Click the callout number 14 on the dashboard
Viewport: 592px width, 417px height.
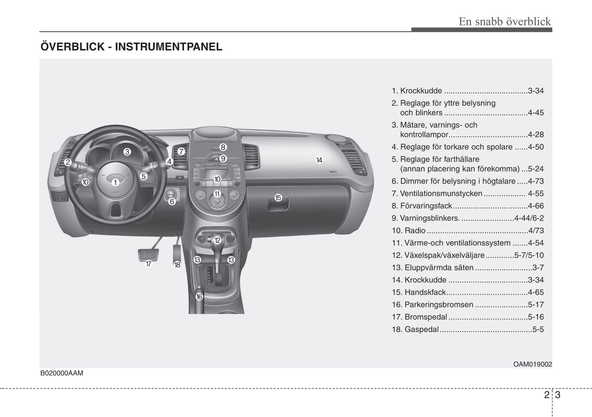[319, 160]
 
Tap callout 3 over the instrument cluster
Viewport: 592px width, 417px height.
[127, 152]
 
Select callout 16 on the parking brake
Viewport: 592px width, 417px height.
[199, 297]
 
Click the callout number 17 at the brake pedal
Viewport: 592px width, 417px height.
[149, 264]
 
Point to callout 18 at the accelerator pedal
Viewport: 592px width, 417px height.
[177, 265]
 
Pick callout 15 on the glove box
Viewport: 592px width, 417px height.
[278, 198]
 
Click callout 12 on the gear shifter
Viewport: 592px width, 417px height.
[217, 240]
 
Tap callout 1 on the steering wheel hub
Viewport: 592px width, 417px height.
[115, 183]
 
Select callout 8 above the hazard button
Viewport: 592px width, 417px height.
[223, 147]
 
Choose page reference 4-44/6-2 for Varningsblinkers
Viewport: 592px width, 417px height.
[529, 218]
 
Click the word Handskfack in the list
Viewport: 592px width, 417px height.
[425, 293]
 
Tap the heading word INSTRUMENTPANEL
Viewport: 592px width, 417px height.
[169, 47]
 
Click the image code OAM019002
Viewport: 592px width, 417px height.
[533, 364]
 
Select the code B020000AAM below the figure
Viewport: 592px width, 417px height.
[61, 373]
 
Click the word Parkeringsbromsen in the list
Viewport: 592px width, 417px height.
[439, 305]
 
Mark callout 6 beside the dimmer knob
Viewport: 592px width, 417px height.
[172, 202]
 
